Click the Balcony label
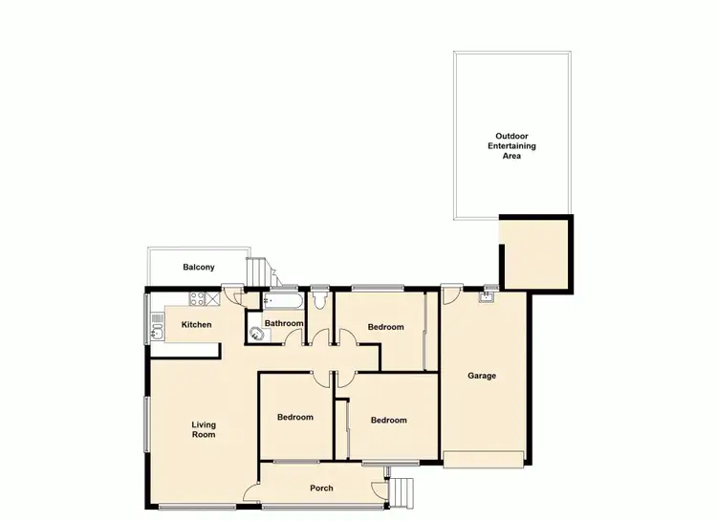pos(199,268)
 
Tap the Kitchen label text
pos(196,325)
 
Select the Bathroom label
pos(284,323)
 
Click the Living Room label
pos(203,429)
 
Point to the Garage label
pos(482,376)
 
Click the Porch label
pos(322,488)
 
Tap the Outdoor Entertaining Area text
pos(512,145)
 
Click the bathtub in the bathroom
pos(283,301)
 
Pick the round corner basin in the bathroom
pos(255,334)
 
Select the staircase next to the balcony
pos(258,272)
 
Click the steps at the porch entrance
pos(405,490)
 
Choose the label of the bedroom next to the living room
pos(295,417)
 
